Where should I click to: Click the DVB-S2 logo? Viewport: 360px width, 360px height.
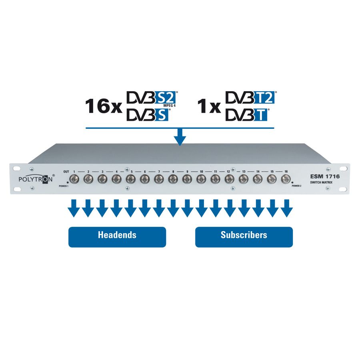point(153,98)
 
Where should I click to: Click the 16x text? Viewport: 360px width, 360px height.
point(104,106)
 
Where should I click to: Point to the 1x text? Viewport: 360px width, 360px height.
point(209,106)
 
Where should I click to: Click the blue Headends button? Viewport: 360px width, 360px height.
point(117,237)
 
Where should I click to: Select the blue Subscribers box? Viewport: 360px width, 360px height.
point(244,237)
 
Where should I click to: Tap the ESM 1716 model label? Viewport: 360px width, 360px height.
point(325,176)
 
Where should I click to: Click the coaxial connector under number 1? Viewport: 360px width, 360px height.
point(74,179)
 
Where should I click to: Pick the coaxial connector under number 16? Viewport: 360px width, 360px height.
point(286,179)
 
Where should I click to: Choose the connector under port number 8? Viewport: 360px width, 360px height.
point(173,179)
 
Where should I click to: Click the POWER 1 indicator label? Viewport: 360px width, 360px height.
point(63,186)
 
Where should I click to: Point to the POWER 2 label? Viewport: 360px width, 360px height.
point(296,186)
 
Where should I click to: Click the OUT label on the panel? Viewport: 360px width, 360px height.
point(66,172)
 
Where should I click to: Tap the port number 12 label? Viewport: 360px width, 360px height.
point(228,172)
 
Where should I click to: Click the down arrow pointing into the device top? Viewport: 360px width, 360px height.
point(180,137)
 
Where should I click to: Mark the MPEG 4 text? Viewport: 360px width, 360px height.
point(170,106)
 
